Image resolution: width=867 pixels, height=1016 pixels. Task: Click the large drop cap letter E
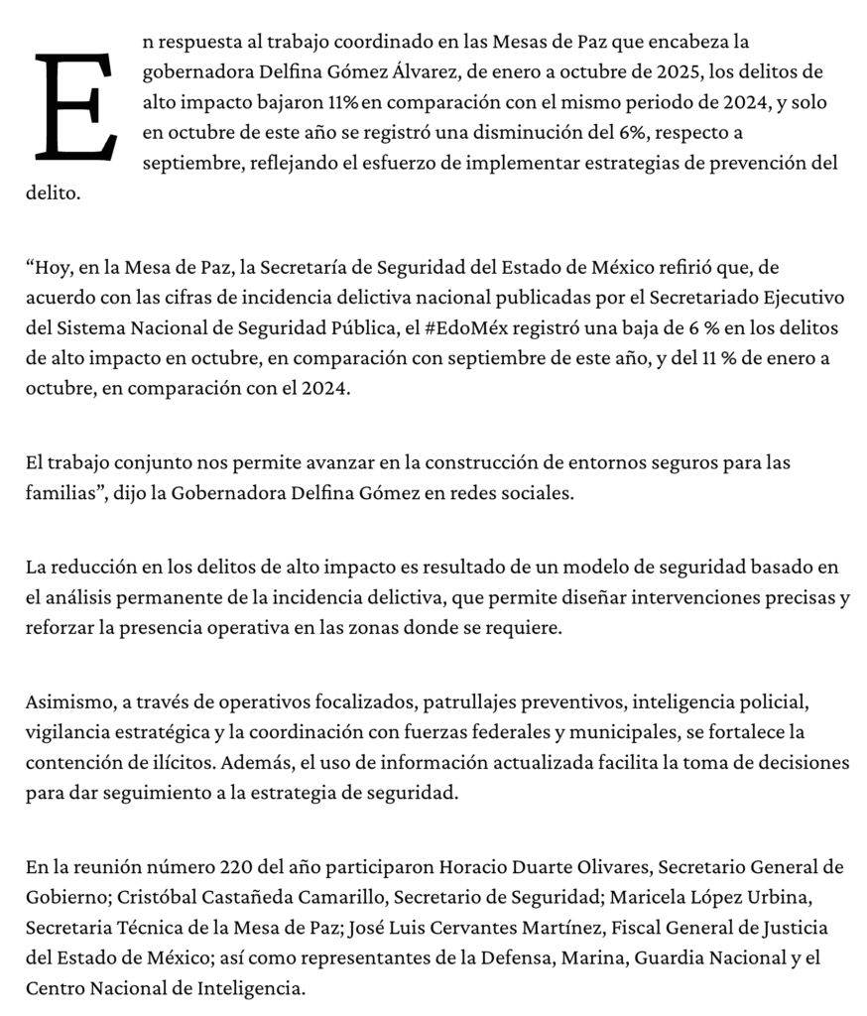tap(74, 107)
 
